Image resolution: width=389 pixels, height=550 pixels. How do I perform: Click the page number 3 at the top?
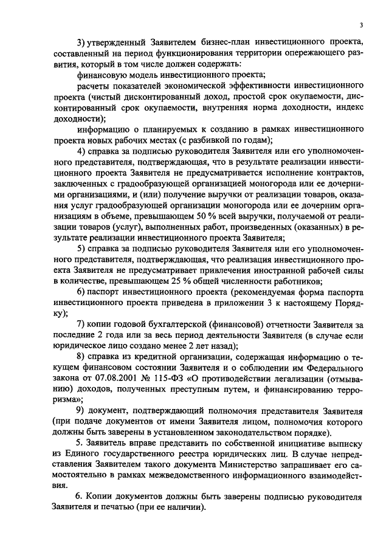(x=361, y=25)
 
